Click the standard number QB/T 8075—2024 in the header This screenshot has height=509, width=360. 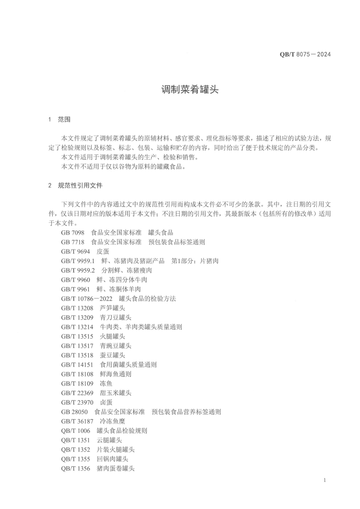pyautogui.click(x=305, y=54)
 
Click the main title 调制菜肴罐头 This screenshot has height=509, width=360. pyautogui.click(x=190, y=89)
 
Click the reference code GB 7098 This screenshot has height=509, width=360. pyautogui.click(x=72, y=232)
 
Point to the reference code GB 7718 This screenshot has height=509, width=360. pyautogui.click(x=72, y=242)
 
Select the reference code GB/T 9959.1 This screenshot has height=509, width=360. pyautogui.click(x=78, y=261)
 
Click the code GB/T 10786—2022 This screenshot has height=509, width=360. pyautogui.click(x=86, y=299)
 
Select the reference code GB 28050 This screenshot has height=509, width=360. pyautogui.click(x=74, y=412)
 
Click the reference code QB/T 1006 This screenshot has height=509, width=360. pyautogui.click(x=75, y=431)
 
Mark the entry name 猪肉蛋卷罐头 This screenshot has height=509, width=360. pyautogui.click(x=116, y=468)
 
